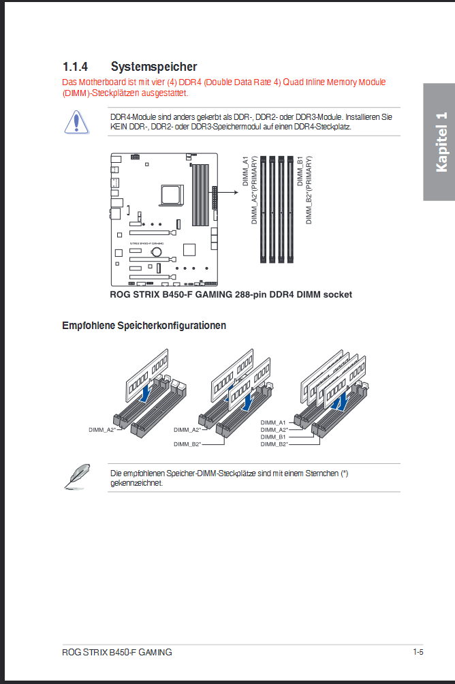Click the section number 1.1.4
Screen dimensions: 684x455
[76, 67]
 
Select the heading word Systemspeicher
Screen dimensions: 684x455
[154, 67]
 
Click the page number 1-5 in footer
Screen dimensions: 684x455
[418, 652]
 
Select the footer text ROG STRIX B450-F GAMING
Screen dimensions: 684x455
[116, 652]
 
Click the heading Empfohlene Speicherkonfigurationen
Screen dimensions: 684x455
[144, 326]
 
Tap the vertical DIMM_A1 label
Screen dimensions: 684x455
[246, 169]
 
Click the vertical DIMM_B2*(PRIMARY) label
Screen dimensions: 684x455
[309, 189]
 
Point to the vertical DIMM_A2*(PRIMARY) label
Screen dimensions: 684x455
[255, 189]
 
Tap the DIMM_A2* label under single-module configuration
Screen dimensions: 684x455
[101, 430]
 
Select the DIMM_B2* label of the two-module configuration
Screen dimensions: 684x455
[187, 444]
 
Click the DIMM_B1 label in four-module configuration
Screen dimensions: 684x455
[273, 437]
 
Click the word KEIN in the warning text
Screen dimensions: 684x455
[119, 127]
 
